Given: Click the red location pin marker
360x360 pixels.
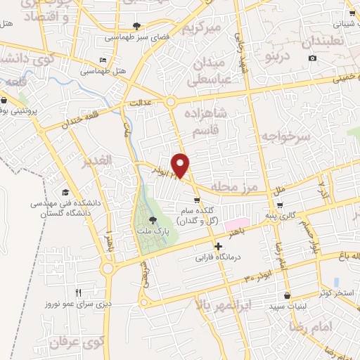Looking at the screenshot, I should point(181,165).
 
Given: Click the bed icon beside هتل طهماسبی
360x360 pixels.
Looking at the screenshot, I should point(103,60).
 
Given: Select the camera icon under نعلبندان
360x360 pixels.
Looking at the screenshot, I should point(312,57).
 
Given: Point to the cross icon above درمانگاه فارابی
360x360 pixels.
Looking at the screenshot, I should point(219,247).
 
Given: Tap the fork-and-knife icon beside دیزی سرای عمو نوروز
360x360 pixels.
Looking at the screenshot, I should point(79,293).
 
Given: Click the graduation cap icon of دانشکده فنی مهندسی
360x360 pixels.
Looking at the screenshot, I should point(65,192).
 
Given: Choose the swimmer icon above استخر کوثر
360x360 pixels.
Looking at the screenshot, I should point(336,281).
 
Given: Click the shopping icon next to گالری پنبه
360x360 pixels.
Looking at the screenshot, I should point(281,206).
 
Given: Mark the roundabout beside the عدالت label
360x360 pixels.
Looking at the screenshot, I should point(172,103).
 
